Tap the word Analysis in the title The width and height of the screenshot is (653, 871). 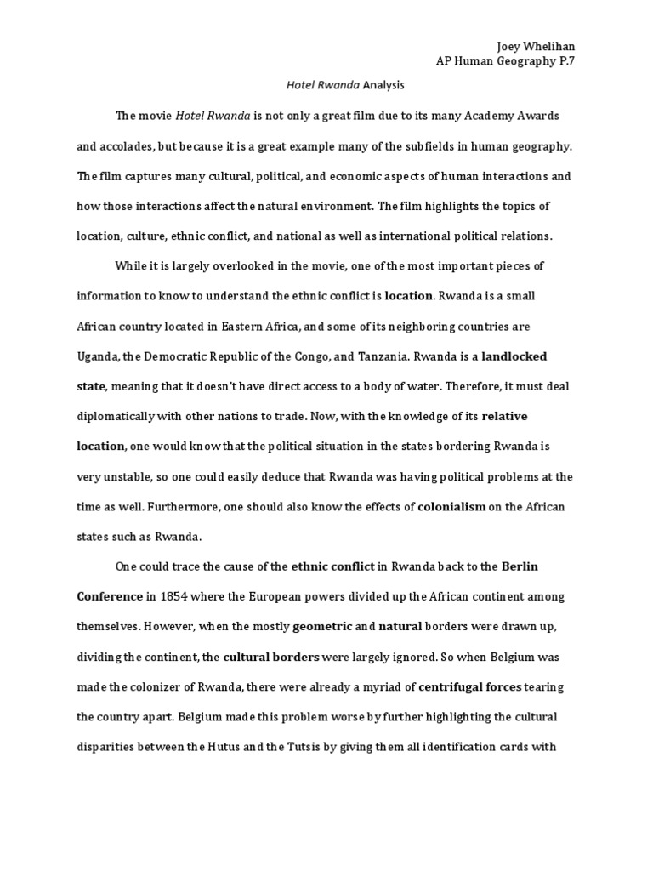(383, 85)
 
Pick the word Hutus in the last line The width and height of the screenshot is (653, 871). (222, 749)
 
